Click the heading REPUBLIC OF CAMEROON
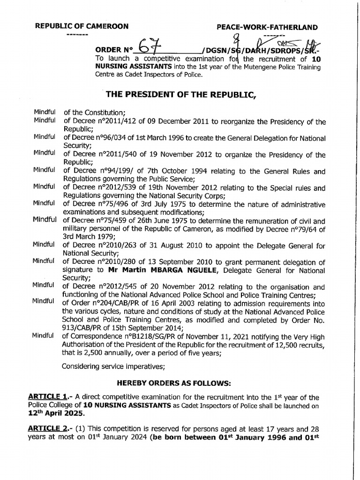coord(82,27)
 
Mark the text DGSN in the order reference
coord(214,50)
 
